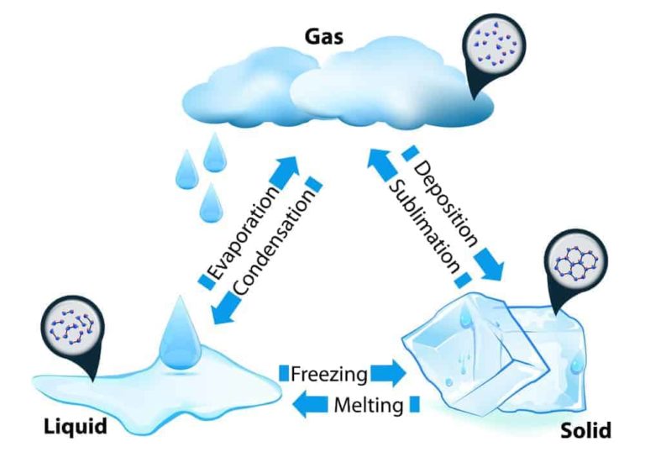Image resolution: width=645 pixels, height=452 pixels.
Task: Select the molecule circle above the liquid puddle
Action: coord(71,323)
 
